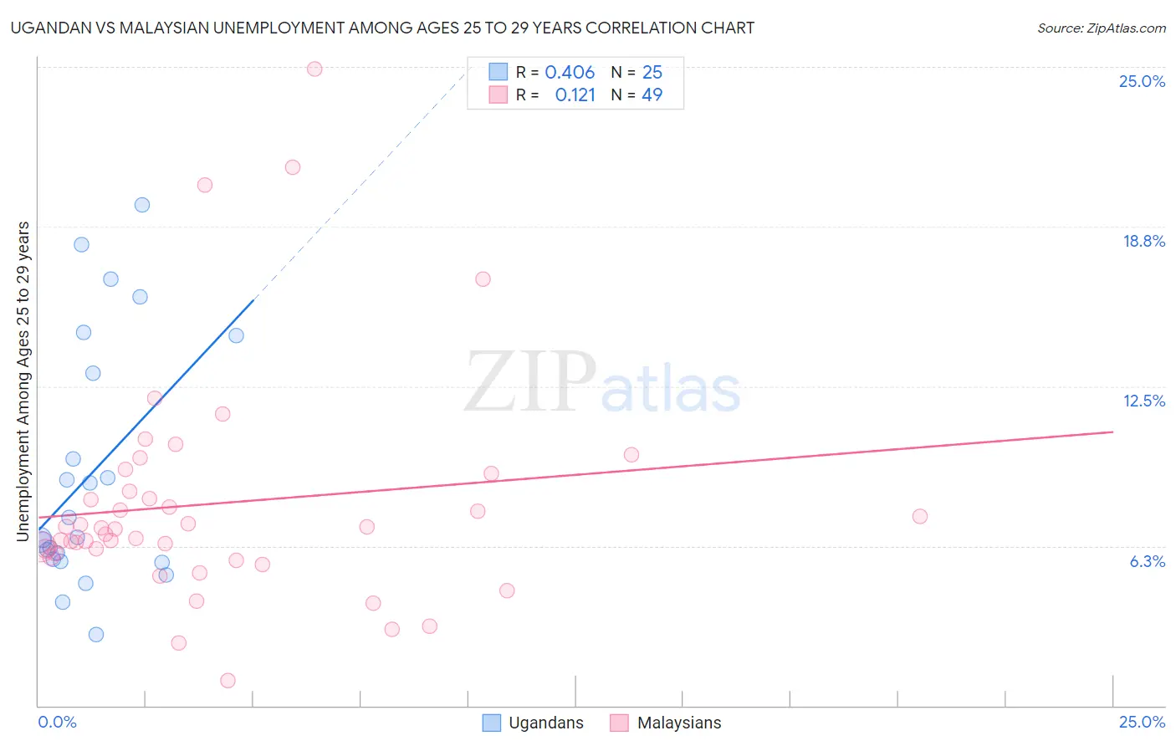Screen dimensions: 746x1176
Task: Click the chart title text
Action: pyautogui.click(x=382, y=28)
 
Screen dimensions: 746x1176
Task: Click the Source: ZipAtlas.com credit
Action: pyautogui.click(x=1101, y=28)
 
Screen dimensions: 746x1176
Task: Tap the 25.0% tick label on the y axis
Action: pyautogui.click(x=1142, y=81)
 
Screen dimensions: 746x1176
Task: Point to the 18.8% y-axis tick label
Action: pyautogui.click(x=1143, y=241)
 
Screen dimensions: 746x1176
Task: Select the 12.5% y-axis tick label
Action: pyautogui.click(x=1143, y=401)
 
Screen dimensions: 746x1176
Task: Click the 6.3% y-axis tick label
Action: pyautogui.click(x=1147, y=561)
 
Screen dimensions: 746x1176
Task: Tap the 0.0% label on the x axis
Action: pyautogui.click(x=57, y=722)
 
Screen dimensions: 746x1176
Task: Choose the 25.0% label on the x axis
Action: pyautogui.click(x=1142, y=722)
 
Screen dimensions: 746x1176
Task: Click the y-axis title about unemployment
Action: pyautogui.click(x=23, y=381)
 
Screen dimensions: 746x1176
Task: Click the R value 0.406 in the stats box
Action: pyautogui.click(x=570, y=73)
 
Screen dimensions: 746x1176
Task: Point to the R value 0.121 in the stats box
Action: pyautogui.click(x=575, y=95)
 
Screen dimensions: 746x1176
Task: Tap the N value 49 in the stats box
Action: pyautogui.click(x=652, y=95)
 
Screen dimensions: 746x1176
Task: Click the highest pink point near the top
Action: pyautogui.click(x=314, y=69)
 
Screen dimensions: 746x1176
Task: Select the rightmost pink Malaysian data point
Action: pyautogui.click(x=919, y=516)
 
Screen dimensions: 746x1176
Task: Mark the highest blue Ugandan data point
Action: pyautogui.click(x=142, y=205)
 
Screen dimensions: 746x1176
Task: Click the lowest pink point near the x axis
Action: pyautogui.click(x=228, y=681)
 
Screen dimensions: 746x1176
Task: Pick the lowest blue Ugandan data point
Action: pyautogui.click(x=96, y=635)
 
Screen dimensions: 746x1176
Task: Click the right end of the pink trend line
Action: pyautogui.click(x=1112, y=432)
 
